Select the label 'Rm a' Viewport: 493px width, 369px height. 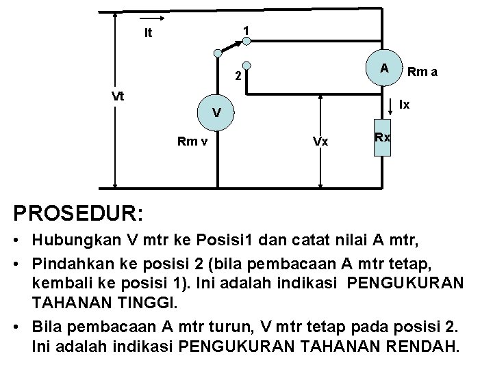(422, 70)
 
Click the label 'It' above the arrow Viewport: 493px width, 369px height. (148, 31)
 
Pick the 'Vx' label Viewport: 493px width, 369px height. (319, 141)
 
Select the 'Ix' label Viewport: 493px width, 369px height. (405, 105)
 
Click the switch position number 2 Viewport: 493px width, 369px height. (236, 77)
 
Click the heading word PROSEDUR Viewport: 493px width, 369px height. (73, 213)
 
